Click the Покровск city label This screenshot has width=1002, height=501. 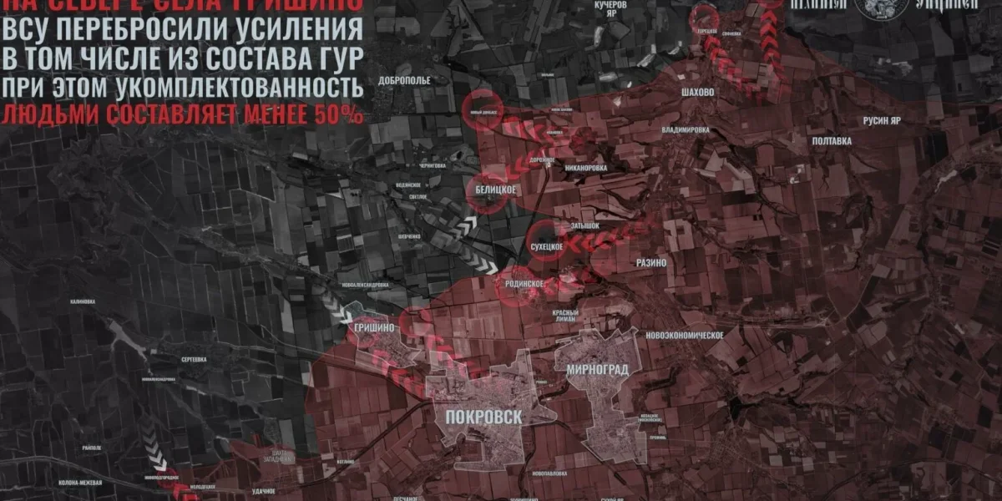[478, 417]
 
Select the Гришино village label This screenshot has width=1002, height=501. [373, 327]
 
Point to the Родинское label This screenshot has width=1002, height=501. [524, 284]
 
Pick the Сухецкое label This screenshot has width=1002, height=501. [549, 247]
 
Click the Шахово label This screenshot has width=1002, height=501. [697, 93]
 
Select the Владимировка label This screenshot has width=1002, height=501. [685, 130]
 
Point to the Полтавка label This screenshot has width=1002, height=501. [832, 141]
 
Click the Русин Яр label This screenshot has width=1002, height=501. [882, 121]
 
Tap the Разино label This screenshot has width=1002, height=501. [651, 262]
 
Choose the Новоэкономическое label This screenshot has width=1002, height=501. [684, 335]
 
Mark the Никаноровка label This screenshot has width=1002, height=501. [584, 168]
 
